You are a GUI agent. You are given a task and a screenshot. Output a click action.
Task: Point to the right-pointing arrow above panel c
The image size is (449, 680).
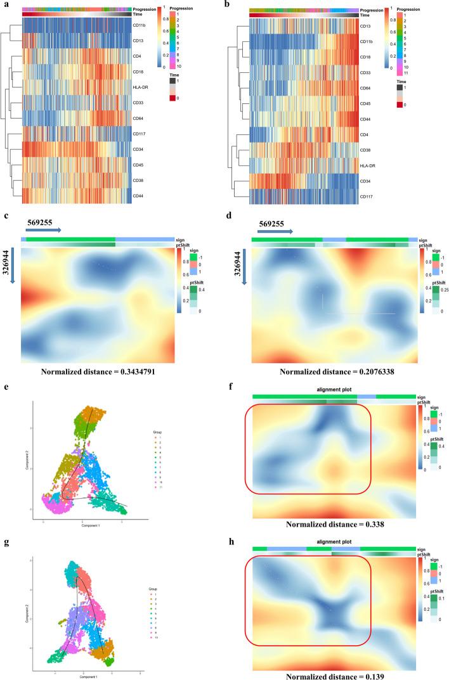(x=44, y=231)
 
